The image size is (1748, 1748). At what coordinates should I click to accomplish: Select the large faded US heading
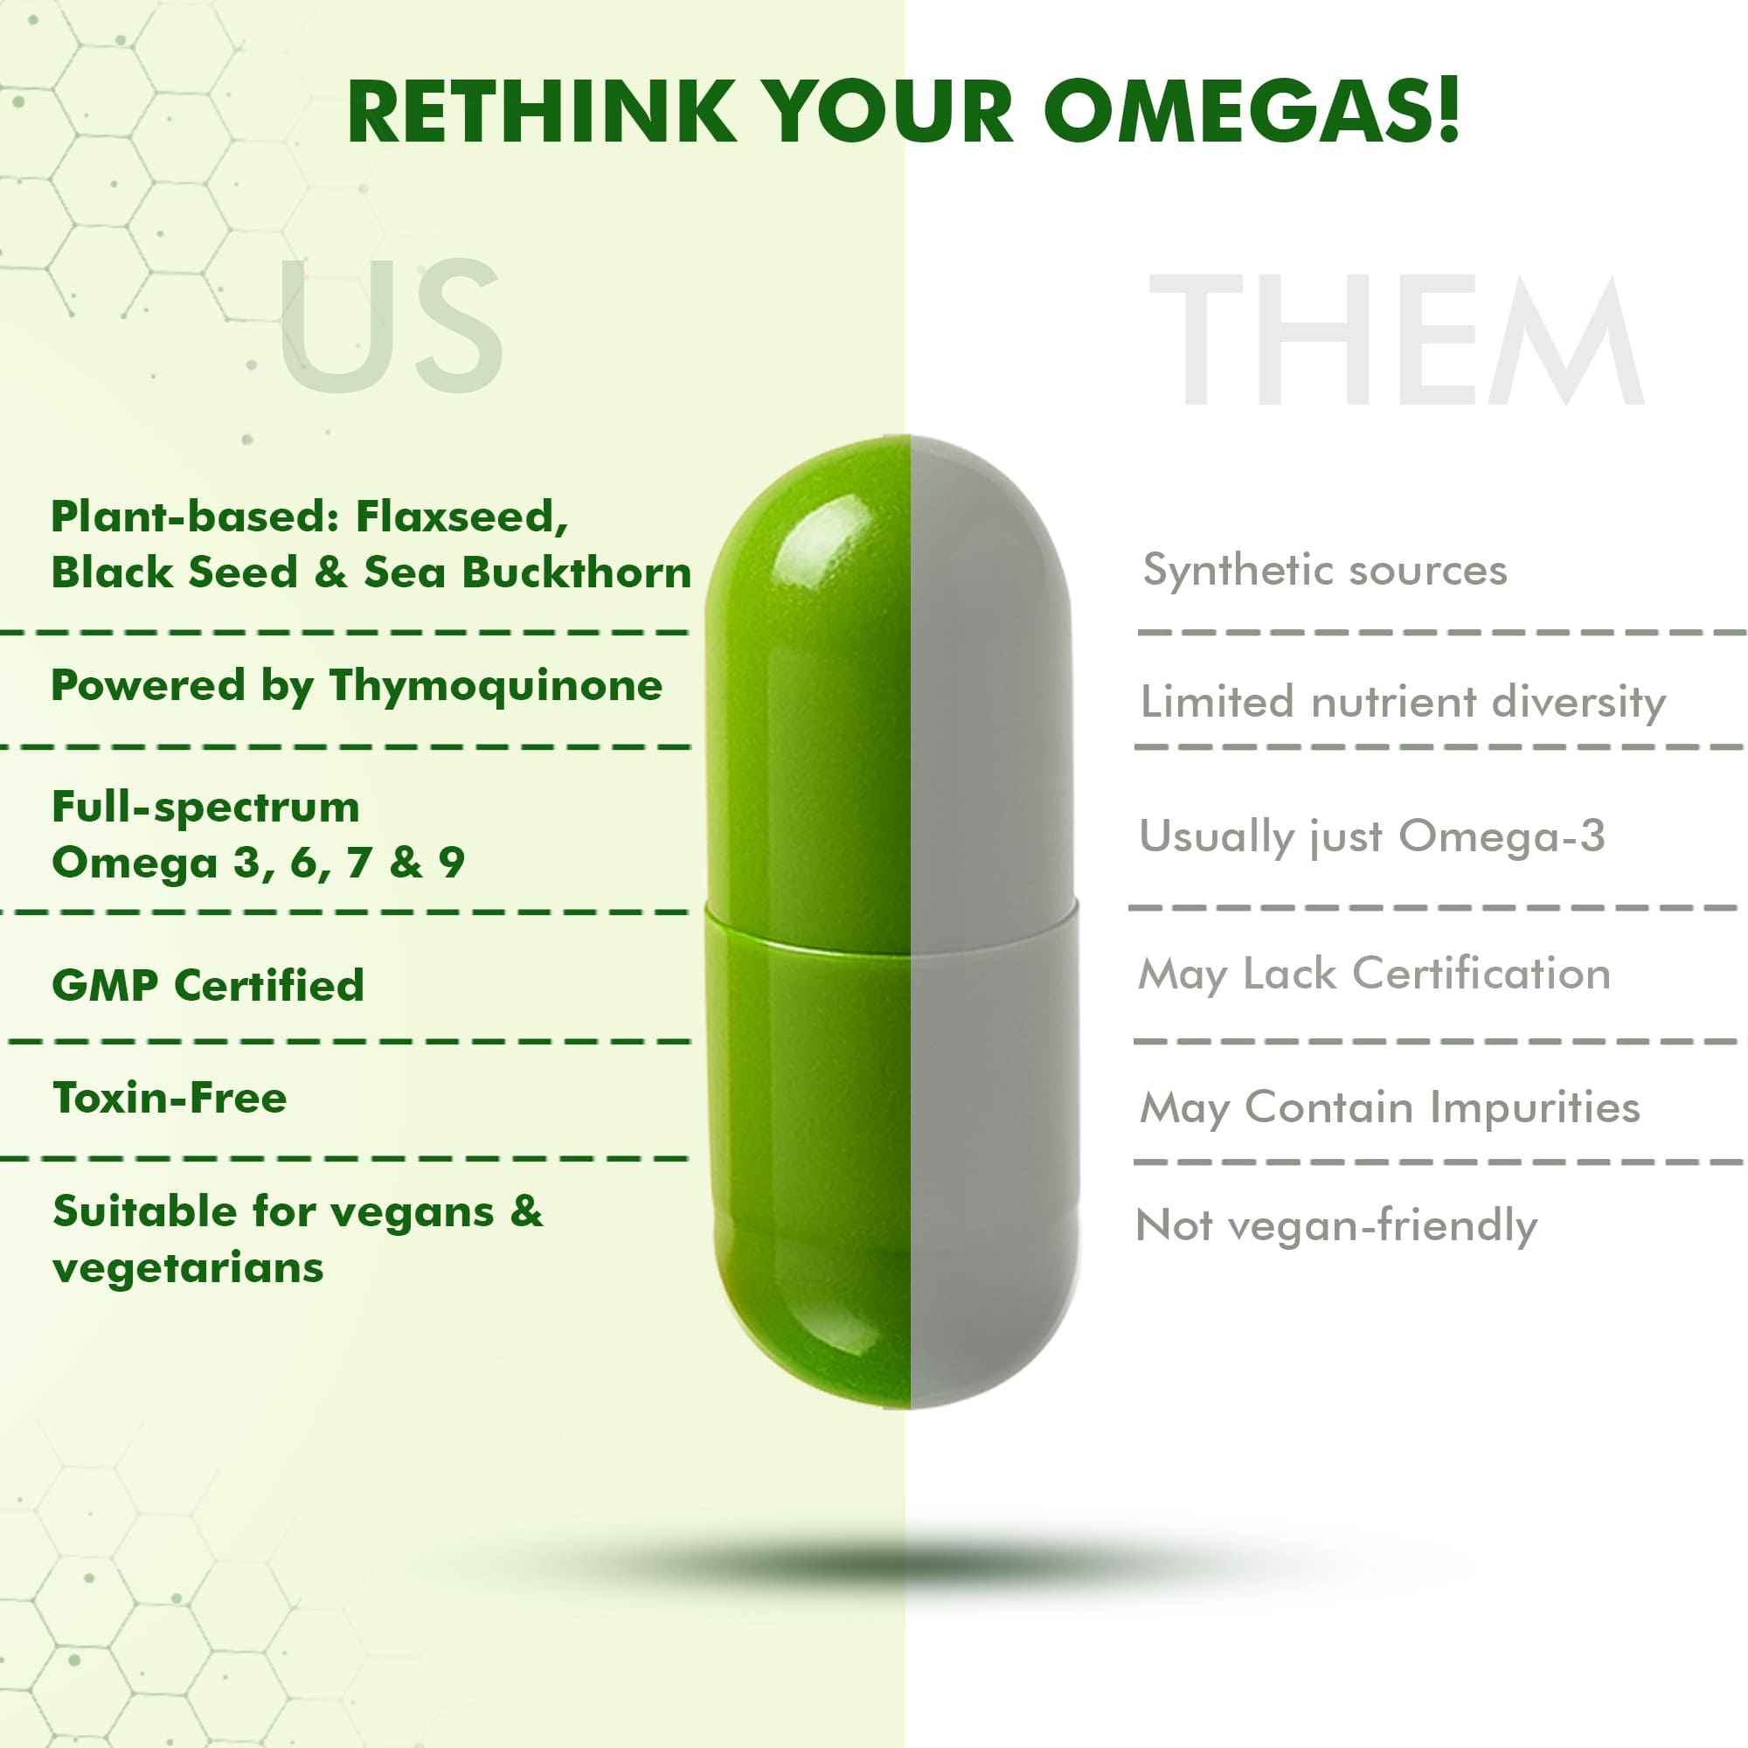coord(391,326)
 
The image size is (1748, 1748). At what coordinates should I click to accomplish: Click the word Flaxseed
coord(461,517)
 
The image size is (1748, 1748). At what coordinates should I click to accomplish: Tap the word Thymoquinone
coord(496,685)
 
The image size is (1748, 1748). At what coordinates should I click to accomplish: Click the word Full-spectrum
coord(205,806)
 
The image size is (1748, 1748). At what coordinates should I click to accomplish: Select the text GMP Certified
coord(208,985)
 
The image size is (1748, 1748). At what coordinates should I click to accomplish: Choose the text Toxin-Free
coord(170,1099)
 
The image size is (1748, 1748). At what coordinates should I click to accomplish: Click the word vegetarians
coord(188,1267)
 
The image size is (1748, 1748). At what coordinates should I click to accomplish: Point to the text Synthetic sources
coord(1325,570)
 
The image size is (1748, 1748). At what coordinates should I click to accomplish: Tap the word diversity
coord(1578,702)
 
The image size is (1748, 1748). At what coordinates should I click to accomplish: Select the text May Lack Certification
coord(1374,975)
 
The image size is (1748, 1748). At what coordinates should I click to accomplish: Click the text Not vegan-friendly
coord(1336,1227)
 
